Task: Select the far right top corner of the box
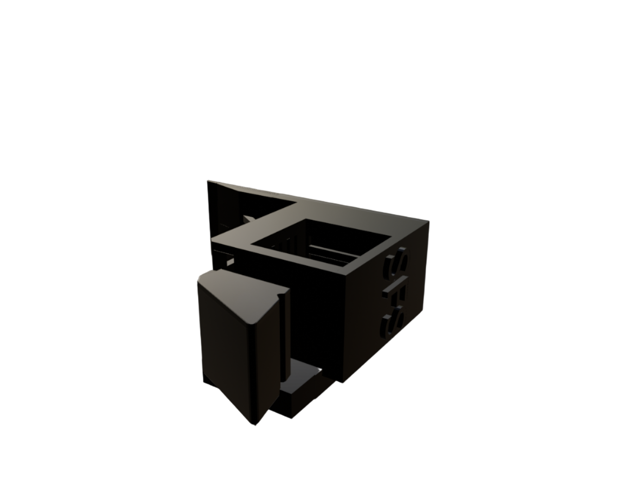point(428,223)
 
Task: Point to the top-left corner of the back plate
point(209,182)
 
